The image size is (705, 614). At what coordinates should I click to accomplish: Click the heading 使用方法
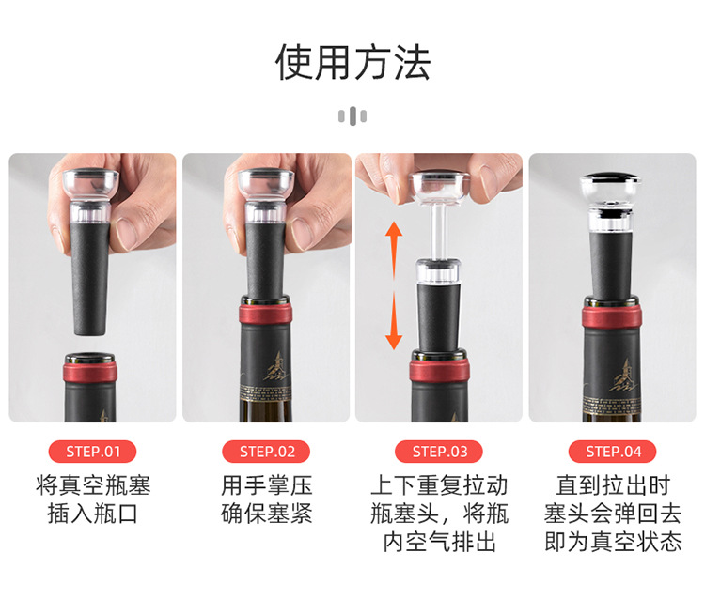352,63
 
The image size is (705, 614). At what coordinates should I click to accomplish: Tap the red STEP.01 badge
93,452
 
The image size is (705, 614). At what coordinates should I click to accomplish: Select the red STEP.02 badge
266,452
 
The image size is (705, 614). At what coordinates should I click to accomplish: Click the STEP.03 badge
439,452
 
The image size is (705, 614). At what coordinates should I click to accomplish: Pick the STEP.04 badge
612,452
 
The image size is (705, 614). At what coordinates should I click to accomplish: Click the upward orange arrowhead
394,230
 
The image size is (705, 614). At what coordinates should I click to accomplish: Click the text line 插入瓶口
93,514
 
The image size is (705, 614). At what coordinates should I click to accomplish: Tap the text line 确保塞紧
266,514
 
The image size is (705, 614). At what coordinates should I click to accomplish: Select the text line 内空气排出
439,542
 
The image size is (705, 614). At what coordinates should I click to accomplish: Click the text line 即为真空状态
613,542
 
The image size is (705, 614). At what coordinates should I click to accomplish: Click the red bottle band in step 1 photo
90,373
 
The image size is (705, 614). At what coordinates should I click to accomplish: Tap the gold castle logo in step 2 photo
274,367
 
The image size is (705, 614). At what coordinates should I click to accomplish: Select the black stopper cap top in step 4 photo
611,177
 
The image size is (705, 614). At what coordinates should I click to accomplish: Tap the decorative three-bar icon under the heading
352,116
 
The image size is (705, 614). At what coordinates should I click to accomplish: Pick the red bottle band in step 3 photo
439,370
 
